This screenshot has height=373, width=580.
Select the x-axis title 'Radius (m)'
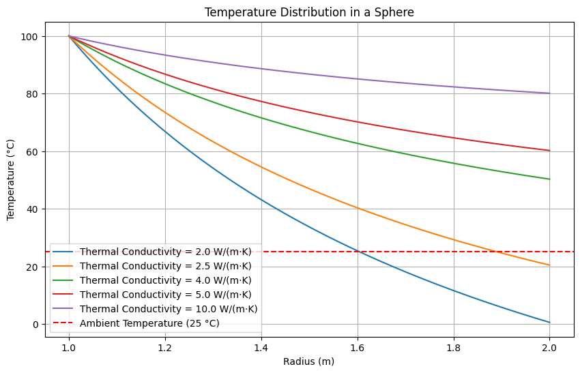309,362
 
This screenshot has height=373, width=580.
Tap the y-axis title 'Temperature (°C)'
11,180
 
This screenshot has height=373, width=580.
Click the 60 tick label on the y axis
32,151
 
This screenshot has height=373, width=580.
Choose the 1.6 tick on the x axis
358,347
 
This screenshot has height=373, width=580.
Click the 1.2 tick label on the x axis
165,347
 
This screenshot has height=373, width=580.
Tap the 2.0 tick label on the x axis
550,347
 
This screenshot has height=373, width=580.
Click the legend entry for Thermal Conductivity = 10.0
169,309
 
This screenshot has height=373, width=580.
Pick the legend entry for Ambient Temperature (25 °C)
149,323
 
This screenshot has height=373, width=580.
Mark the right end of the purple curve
550,93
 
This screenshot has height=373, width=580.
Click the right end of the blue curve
550,323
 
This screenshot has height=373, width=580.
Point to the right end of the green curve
550,179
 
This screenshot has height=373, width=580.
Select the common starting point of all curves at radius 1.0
69,36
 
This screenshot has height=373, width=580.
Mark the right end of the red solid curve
550,151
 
